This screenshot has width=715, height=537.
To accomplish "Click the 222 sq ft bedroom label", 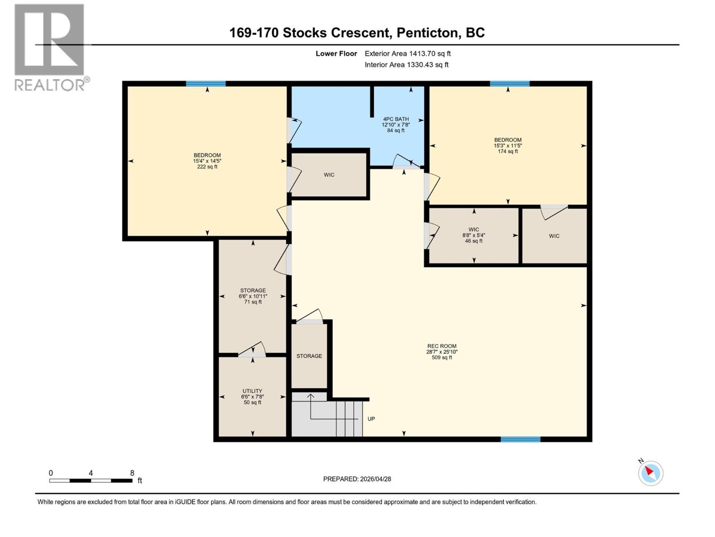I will (207, 161).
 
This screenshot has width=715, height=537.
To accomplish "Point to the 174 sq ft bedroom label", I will (508, 145).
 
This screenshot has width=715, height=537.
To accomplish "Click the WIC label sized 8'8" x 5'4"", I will (474, 235).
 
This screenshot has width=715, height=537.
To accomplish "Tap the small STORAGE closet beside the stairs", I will (309, 356).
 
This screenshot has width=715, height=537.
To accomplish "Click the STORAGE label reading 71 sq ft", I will (253, 296).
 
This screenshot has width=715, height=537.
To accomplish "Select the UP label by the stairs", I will (371, 419).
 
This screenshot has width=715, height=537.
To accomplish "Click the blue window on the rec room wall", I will (520, 439).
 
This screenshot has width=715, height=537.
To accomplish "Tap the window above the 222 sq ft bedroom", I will (206, 84).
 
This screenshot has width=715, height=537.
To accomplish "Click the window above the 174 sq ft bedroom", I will (509, 84).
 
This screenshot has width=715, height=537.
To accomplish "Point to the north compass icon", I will (650, 473).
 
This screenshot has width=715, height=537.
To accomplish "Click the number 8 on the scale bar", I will (132, 473).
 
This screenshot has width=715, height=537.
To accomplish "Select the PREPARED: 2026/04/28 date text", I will (357, 479).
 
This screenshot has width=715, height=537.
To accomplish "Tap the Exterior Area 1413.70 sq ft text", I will (408, 54).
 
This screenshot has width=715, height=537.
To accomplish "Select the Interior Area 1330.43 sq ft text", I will (407, 65).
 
